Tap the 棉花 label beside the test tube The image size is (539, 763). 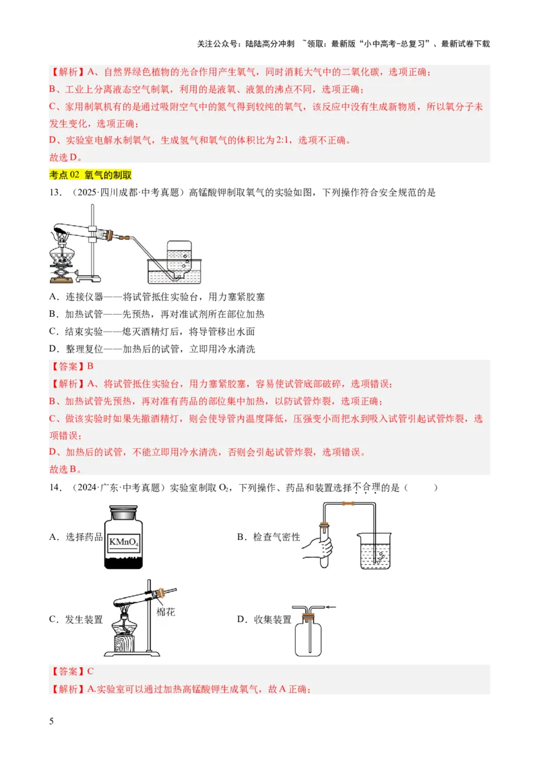pyautogui.click(x=166, y=611)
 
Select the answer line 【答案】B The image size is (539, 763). pyautogui.click(x=71, y=367)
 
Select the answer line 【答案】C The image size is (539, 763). pyautogui.click(x=71, y=671)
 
